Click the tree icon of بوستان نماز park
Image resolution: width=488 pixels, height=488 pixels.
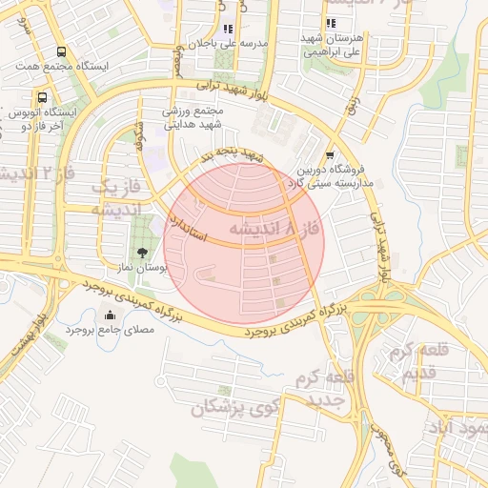142,253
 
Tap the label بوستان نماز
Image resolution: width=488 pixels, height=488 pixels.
142,270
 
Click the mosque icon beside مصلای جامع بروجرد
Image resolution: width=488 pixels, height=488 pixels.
110,314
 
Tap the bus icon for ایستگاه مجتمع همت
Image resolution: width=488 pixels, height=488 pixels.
62,52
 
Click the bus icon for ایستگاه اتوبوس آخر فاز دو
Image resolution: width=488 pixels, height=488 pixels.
42,97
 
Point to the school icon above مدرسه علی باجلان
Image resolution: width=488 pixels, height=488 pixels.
227,30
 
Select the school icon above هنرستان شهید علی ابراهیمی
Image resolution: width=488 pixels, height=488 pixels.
330,24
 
